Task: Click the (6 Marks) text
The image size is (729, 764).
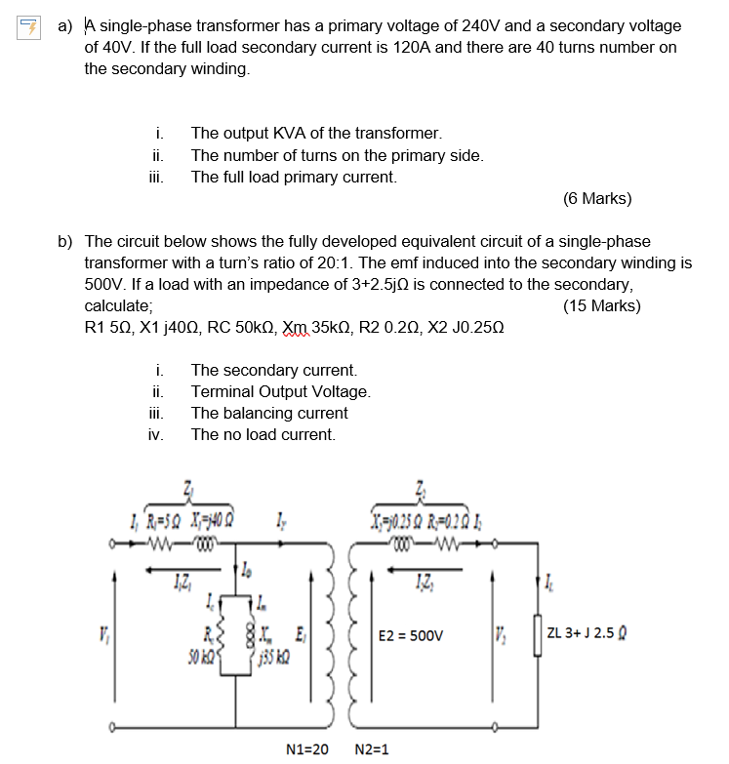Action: [x=597, y=199]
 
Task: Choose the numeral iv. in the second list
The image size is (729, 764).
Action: [x=155, y=435]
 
